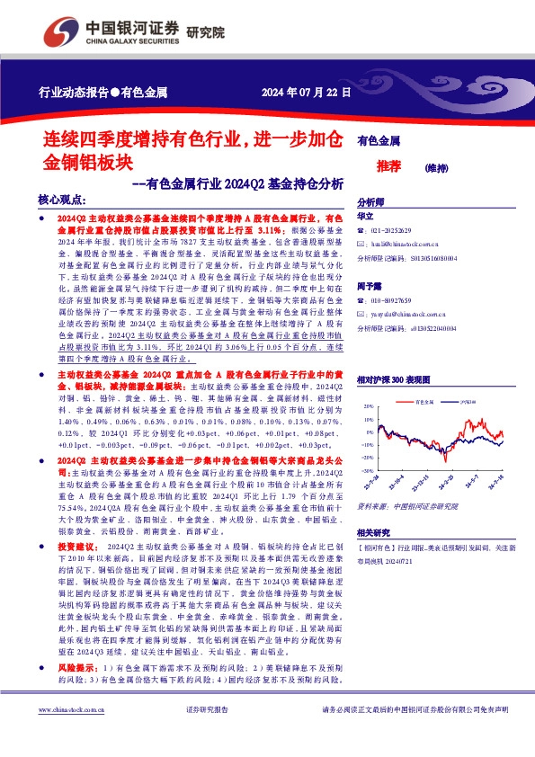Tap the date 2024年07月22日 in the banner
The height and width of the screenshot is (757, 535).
click(306, 93)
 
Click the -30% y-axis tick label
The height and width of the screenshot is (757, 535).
click(368, 469)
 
